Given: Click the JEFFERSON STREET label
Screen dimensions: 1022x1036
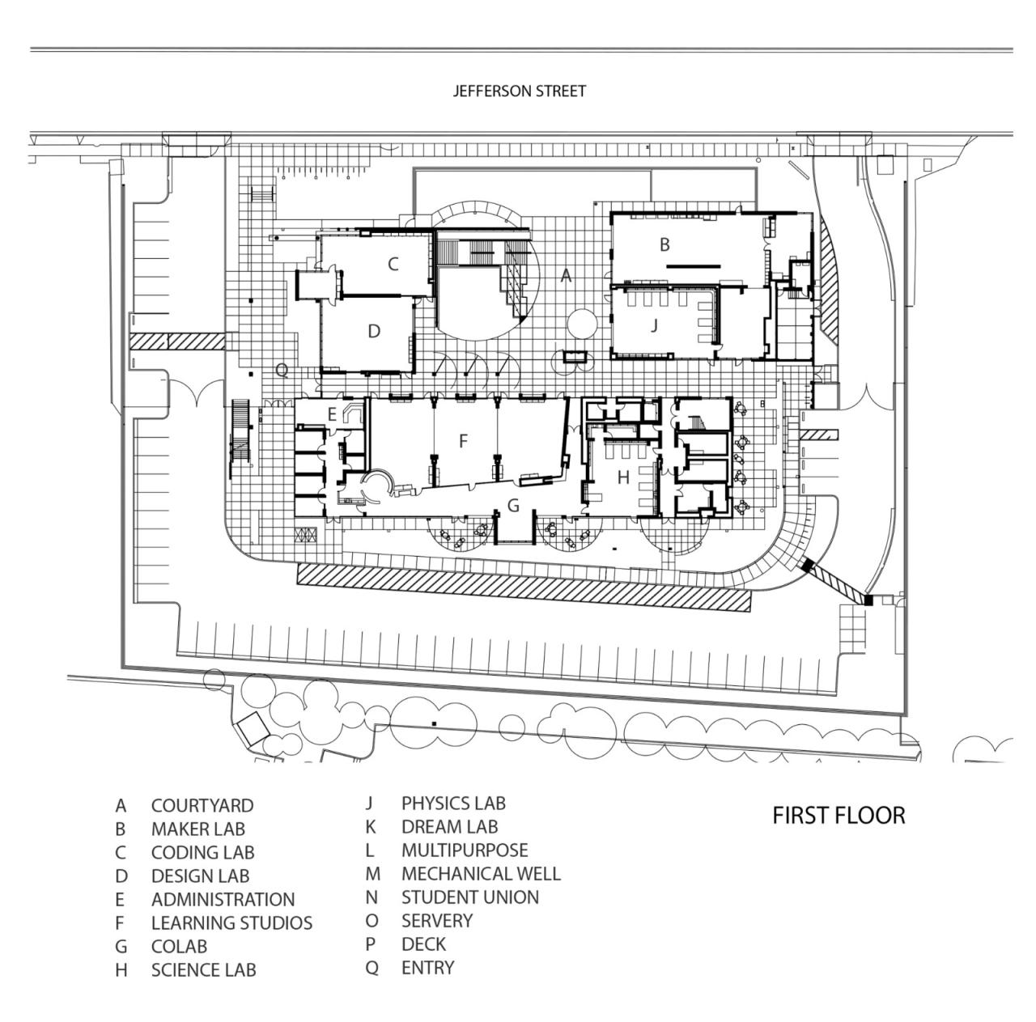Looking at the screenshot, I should pyautogui.click(x=519, y=91).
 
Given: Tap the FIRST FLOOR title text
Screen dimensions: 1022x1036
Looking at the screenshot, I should pyautogui.click(x=839, y=815).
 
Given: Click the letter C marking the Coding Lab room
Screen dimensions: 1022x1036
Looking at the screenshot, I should pyautogui.click(x=393, y=264).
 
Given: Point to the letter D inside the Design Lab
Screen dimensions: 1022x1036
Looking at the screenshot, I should pyautogui.click(x=374, y=331).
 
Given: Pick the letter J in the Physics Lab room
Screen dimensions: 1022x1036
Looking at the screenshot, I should pyautogui.click(x=654, y=325).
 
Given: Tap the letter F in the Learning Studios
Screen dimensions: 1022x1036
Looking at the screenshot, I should pyautogui.click(x=463, y=441).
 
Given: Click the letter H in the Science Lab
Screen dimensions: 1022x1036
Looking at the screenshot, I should pyautogui.click(x=622, y=478).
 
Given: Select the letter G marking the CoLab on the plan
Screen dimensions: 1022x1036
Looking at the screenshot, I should pyautogui.click(x=512, y=506).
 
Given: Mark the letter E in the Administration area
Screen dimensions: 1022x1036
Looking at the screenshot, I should pyautogui.click(x=332, y=414).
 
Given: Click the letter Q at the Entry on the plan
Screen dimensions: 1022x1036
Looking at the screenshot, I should pyautogui.click(x=282, y=371).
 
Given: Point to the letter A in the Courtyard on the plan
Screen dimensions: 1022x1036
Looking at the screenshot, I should pyautogui.click(x=567, y=276).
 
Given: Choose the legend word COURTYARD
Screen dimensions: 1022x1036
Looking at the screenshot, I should pyautogui.click(x=202, y=806).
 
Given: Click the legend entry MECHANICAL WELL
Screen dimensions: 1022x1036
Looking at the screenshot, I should pyautogui.click(x=481, y=874).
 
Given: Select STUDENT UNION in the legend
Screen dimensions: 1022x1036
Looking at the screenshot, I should pyautogui.click(x=470, y=897).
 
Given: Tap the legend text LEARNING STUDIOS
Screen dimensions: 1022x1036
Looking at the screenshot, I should pyautogui.click(x=231, y=923).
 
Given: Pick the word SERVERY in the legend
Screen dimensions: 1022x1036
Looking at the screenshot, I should pyautogui.click(x=437, y=921).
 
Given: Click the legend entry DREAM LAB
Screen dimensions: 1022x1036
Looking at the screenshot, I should pyautogui.click(x=449, y=827).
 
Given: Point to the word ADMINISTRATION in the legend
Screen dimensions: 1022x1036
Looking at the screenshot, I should pyautogui.click(x=223, y=900).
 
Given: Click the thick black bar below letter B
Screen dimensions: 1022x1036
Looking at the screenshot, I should pyautogui.click(x=693, y=265).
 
